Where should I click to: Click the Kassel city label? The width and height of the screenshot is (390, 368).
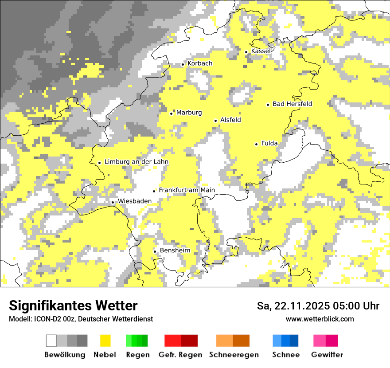click(x=261, y=51)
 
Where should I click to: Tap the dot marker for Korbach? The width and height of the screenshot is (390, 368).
click(x=183, y=64)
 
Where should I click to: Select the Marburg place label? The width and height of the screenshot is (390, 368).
click(x=189, y=113)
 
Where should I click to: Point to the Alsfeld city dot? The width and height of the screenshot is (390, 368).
click(x=216, y=121)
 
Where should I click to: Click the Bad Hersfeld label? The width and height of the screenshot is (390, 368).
click(x=292, y=104)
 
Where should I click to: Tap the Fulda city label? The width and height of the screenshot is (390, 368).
click(x=269, y=143)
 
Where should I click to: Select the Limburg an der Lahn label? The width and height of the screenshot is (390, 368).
click(x=136, y=162)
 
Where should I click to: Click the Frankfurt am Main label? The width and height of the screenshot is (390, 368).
click(x=187, y=190)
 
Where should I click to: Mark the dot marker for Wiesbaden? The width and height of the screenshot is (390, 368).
click(x=113, y=203)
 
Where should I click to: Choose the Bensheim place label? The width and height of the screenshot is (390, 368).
click(x=175, y=251)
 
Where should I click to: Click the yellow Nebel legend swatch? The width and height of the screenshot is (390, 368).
click(x=105, y=341)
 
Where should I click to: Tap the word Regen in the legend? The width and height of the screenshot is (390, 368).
click(x=137, y=355)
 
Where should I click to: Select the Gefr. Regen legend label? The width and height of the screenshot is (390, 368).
click(x=180, y=355)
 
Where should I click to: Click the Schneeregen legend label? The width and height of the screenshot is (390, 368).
click(x=234, y=355)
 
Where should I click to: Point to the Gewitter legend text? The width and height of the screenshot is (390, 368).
click(x=327, y=355)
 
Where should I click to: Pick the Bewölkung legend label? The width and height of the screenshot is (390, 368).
click(x=65, y=355)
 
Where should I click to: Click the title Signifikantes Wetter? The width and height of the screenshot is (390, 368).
click(x=73, y=305)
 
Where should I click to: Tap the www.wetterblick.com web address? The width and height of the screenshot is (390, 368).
click(x=320, y=319)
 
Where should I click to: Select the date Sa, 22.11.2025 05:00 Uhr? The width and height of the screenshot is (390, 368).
click(x=318, y=306)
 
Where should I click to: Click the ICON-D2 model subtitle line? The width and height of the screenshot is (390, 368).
click(x=81, y=319)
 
